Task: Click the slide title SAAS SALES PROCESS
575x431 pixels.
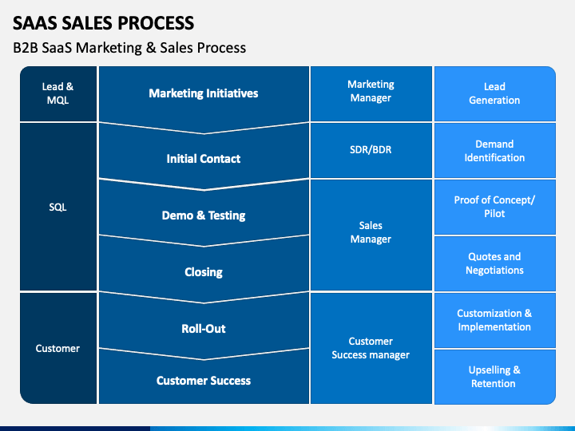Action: point(103,23)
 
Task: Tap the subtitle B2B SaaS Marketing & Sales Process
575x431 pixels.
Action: point(129,48)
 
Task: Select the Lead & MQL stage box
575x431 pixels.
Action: point(58,93)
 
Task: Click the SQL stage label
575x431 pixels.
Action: point(58,207)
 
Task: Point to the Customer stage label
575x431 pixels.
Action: point(57,348)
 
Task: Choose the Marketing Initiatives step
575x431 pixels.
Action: point(204,93)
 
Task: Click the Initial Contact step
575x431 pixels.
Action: point(204,159)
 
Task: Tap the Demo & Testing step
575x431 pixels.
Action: point(204,215)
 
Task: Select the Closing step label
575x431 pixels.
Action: point(204,272)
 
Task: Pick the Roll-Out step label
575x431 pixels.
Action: point(204,328)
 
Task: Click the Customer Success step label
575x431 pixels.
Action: point(204,381)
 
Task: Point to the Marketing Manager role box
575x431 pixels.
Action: point(371,93)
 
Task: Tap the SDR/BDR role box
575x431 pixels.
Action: point(371,150)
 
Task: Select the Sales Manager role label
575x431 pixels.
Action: point(371,232)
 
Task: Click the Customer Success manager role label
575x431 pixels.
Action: point(371,348)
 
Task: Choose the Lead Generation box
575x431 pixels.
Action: point(495,93)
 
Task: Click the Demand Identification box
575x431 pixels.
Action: point(495,150)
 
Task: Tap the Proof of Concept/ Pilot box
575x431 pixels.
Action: point(495,207)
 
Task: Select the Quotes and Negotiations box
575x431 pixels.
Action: point(495,263)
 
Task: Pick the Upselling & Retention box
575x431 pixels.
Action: point(495,377)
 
